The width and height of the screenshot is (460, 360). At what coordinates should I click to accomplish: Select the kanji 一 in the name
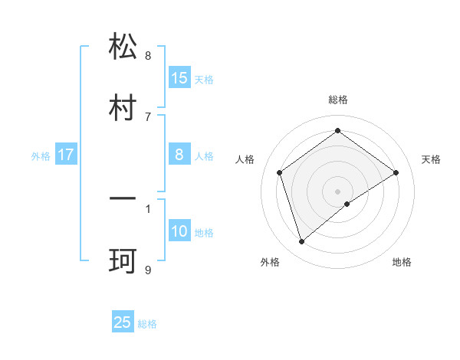(123, 199)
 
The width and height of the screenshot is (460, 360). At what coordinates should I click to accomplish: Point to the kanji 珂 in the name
(123, 260)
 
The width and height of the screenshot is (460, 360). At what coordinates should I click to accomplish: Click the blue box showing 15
(179, 77)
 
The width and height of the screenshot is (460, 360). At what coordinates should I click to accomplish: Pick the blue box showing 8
(179, 155)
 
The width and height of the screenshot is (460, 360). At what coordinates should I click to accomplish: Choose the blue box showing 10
(179, 231)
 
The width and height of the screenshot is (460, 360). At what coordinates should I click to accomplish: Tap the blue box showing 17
(66, 155)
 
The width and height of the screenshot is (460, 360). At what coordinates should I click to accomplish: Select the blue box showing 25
(123, 322)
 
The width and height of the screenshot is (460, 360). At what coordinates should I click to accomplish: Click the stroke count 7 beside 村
(148, 116)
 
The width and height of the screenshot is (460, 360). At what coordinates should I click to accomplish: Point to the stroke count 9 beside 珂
(148, 270)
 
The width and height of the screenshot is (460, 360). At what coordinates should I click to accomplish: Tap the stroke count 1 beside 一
(148, 208)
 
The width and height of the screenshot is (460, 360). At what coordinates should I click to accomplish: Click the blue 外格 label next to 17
(41, 155)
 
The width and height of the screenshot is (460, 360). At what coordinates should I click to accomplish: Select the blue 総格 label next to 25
(147, 323)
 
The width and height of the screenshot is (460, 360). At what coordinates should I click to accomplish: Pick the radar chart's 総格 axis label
(338, 100)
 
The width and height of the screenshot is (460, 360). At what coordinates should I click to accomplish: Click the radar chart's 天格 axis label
(432, 159)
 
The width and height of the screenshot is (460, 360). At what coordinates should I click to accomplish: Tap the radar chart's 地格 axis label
(402, 262)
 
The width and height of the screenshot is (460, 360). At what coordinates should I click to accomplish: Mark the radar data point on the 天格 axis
(396, 172)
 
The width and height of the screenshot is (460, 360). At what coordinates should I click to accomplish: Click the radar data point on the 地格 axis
(347, 204)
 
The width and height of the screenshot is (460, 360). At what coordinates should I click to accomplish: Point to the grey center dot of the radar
(338, 191)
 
